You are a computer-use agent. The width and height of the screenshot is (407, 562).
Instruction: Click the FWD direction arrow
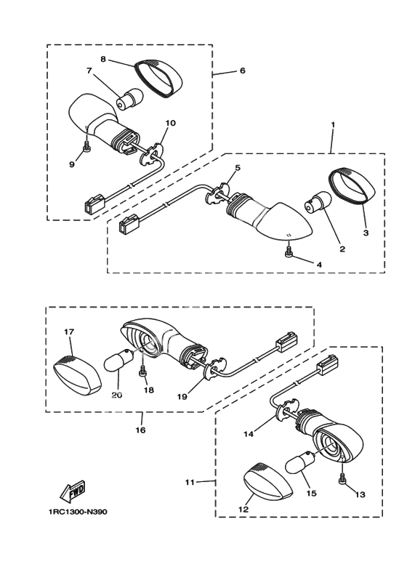point(73,491)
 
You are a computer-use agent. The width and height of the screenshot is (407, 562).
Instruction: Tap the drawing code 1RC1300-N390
point(77,512)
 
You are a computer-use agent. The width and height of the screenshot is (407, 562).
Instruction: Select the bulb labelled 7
point(129,99)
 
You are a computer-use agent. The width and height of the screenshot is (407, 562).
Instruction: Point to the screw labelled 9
point(86,147)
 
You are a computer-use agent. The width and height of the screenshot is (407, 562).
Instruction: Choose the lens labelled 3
point(352,187)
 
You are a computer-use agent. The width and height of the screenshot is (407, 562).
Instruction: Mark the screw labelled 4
point(288,254)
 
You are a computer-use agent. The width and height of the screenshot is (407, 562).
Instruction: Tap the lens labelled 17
point(77,375)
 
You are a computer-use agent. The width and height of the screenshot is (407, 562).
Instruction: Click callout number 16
point(140,430)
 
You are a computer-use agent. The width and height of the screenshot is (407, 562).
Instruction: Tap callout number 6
point(243,71)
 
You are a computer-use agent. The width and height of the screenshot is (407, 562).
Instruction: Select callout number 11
point(190,482)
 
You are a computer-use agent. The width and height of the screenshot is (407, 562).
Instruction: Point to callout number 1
point(333,124)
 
